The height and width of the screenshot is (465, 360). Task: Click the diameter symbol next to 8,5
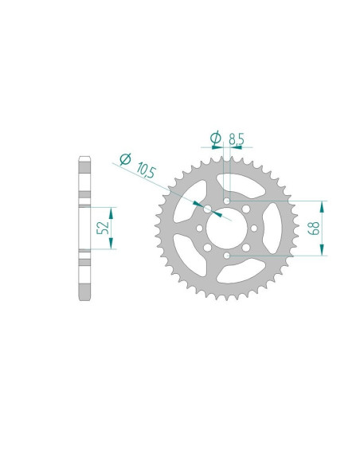pos(215,139)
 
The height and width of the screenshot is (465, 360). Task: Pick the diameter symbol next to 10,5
pos(125,159)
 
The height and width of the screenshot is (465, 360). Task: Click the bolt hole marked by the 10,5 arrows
pos(208,209)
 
